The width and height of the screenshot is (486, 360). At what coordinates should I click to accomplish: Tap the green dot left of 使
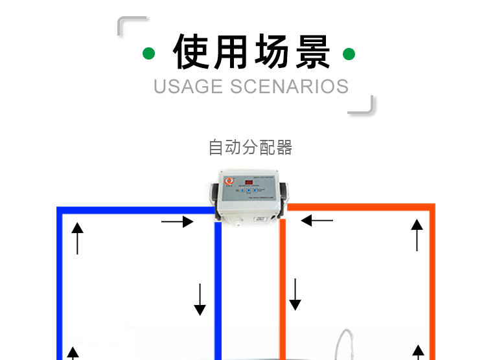pos(149,54)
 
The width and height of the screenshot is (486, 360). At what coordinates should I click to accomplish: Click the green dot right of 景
pos(349,54)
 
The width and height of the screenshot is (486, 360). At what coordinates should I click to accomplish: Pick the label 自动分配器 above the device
pos(251,148)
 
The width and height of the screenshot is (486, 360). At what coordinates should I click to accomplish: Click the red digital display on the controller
pos(249,182)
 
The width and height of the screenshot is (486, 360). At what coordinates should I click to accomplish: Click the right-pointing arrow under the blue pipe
pos(177,222)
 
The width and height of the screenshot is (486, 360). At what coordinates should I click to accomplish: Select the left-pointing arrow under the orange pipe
pos(317,221)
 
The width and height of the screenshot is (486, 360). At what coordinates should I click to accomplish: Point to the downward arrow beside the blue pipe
pos(200,299)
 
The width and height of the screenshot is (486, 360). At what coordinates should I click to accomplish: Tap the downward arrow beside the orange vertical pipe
pos(295,294)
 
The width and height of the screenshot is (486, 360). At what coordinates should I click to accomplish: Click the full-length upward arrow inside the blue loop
pos(77,238)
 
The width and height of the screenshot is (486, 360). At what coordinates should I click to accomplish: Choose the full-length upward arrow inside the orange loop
pos(417,235)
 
